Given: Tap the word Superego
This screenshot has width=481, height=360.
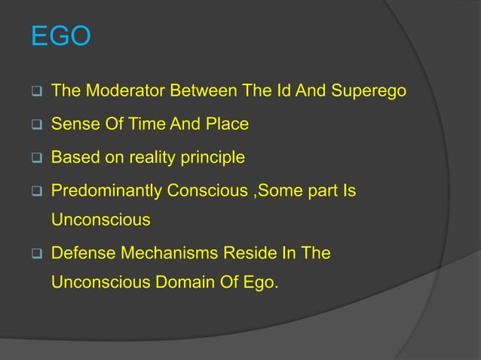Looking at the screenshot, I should [x=370, y=91].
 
